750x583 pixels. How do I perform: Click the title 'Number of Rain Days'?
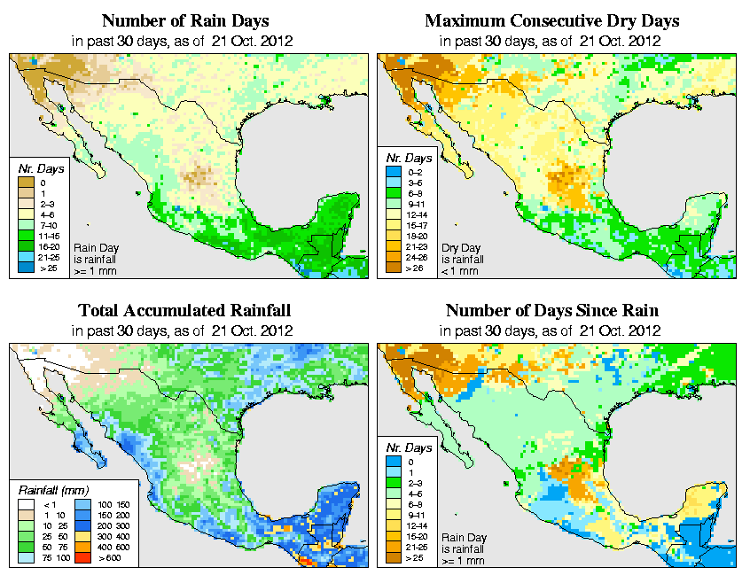pos(184,20)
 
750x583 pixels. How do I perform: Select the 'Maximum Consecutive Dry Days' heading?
pos(552,20)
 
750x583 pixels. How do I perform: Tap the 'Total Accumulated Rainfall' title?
pos(184,310)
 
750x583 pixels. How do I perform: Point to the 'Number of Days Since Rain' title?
pos(552,310)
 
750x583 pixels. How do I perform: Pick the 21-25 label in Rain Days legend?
pos(49,256)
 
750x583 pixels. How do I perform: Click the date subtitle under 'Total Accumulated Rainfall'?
pos(184,330)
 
